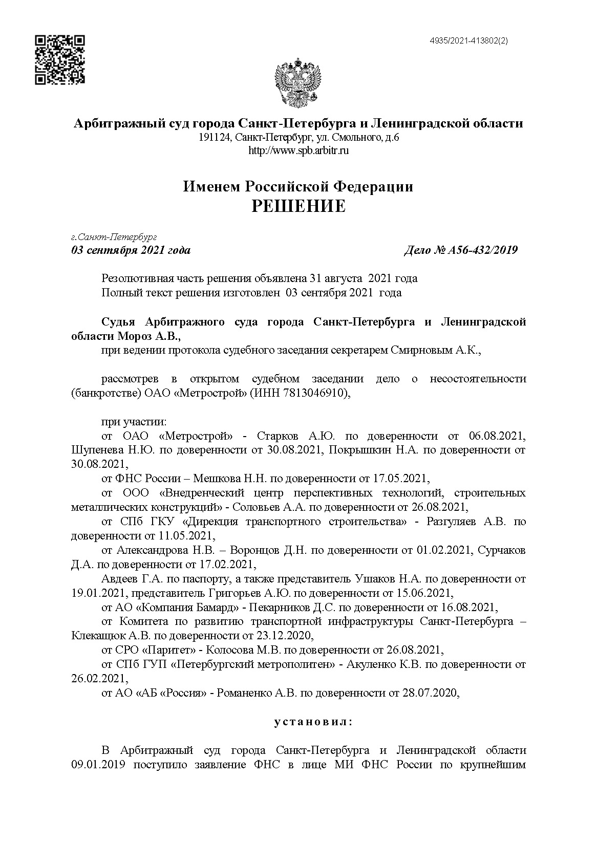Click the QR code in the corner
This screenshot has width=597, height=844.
(59, 60)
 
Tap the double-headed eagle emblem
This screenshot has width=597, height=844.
(298, 84)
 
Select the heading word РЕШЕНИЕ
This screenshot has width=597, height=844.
(298, 206)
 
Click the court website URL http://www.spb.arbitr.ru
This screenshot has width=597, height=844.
(298, 151)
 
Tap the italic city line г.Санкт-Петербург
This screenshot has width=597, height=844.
(114, 237)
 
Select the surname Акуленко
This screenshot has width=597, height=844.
(371, 665)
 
